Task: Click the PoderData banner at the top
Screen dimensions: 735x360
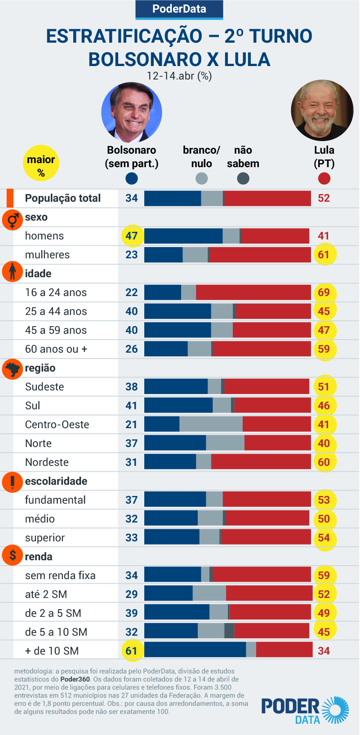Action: [179, 9]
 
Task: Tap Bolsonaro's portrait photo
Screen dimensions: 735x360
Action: [132, 112]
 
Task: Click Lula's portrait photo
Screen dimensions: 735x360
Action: [322, 111]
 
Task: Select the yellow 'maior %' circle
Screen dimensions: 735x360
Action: [41, 163]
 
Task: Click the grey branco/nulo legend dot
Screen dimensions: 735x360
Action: [201, 179]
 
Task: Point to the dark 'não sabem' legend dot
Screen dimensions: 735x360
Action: [243, 179]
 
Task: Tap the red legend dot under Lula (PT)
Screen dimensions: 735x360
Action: [324, 179]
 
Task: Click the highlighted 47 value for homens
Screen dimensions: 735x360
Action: [132, 236]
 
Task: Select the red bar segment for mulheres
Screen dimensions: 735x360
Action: [260, 255]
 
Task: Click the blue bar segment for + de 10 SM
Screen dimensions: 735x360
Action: [195, 650]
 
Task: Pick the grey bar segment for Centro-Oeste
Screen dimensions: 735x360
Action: [211, 424]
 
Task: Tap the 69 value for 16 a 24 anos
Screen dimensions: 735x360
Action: [324, 292]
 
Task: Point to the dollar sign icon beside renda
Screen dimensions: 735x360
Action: [13, 556]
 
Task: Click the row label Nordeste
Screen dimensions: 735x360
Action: [47, 462]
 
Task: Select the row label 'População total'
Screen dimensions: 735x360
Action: [63, 198]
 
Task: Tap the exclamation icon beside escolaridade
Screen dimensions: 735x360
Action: [13, 482]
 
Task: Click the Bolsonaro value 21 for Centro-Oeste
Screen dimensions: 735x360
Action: [131, 425]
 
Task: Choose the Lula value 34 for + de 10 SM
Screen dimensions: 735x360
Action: [324, 651]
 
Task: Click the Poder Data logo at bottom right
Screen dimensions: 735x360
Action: [305, 710]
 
